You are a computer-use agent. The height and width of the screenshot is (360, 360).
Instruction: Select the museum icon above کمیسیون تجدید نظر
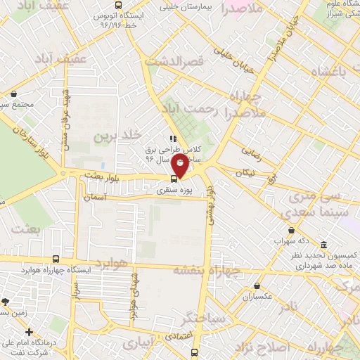coord(323,245)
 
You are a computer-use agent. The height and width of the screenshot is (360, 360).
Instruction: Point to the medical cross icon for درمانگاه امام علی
coord(29,332)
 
